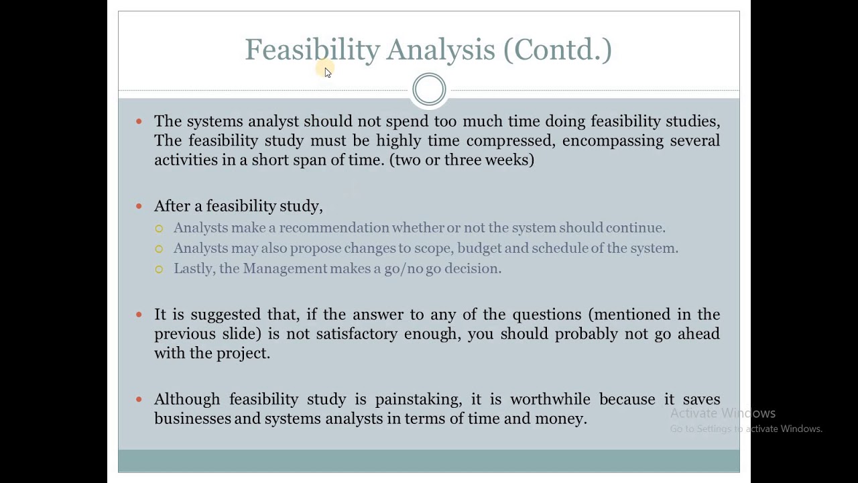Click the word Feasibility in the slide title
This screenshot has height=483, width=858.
pyautogui.click(x=312, y=50)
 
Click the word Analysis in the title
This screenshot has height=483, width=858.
pyautogui.click(x=440, y=50)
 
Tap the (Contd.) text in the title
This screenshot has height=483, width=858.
pyautogui.click(x=558, y=50)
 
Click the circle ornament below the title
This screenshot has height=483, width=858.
pyautogui.click(x=429, y=89)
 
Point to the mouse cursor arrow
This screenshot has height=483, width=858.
pyautogui.click(x=327, y=72)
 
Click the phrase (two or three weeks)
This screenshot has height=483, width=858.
pyautogui.click(x=462, y=160)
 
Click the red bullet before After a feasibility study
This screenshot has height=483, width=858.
pyautogui.click(x=139, y=207)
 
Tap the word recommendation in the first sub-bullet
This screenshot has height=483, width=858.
pyautogui.click(x=334, y=228)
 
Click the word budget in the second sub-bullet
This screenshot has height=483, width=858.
pyautogui.click(x=479, y=248)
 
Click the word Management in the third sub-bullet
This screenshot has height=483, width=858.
pyautogui.click(x=285, y=268)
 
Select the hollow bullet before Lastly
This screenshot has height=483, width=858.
pyautogui.click(x=159, y=269)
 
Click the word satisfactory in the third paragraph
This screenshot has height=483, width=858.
pyautogui.click(x=357, y=334)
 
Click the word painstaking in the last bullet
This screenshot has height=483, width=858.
pyautogui.click(x=418, y=399)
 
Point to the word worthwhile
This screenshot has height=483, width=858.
pyautogui.click(x=551, y=399)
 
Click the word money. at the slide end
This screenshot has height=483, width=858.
pyautogui.click(x=561, y=419)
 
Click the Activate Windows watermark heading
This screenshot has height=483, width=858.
pyautogui.click(x=723, y=413)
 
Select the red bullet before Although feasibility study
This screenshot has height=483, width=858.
pyautogui.click(x=139, y=400)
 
